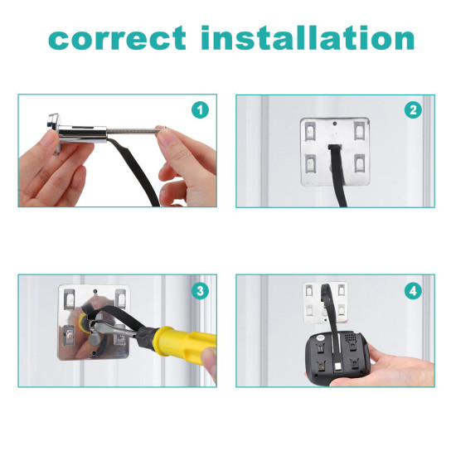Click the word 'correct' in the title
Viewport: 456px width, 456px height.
click(x=117, y=38)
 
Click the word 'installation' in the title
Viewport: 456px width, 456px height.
click(x=308, y=37)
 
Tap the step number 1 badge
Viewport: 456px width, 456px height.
click(x=200, y=110)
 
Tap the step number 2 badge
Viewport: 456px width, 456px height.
click(x=413, y=110)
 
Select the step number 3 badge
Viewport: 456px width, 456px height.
click(x=200, y=291)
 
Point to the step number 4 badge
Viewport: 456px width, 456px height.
click(x=413, y=291)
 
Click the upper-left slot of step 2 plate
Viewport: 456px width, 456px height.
click(x=311, y=130)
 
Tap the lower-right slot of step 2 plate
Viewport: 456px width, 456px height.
click(x=360, y=163)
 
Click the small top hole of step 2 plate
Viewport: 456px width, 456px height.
click(x=335, y=124)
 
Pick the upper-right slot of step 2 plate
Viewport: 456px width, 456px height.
click(x=360, y=130)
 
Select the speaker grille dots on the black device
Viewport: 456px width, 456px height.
click(x=351, y=337)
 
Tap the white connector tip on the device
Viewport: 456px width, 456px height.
click(x=338, y=367)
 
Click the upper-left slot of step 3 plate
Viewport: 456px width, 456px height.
click(x=69, y=299)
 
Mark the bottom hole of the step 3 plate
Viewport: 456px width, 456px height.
click(x=95, y=354)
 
